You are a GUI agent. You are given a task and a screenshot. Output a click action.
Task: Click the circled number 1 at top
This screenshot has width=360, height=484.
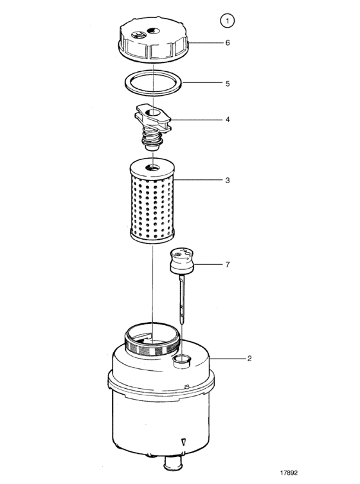[227, 21]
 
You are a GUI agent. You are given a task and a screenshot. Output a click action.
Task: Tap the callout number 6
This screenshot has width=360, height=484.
[228, 42]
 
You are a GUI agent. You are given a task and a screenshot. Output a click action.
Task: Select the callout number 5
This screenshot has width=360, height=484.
[228, 84]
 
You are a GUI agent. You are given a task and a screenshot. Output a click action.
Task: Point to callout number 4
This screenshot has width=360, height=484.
[228, 120]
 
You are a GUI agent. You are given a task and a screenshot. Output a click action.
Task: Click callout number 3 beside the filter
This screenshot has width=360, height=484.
[228, 180]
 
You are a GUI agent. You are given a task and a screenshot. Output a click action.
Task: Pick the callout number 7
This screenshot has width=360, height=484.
[228, 265]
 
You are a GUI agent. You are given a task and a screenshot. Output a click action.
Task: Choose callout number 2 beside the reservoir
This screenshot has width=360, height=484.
[249, 359]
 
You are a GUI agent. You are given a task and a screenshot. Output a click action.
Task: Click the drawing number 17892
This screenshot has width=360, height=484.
[289, 473]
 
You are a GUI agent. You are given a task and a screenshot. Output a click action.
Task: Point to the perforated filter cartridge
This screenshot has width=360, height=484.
[152, 201]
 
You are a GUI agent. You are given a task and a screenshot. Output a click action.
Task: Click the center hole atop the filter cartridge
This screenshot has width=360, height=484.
[153, 168]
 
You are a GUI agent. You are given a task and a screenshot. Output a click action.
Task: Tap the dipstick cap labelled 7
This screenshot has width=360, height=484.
[181, 261]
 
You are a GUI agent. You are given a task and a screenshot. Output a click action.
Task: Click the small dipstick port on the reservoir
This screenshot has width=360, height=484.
[182, 361]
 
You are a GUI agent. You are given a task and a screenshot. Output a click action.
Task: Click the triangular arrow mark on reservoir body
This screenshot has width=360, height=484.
[184, 442]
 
